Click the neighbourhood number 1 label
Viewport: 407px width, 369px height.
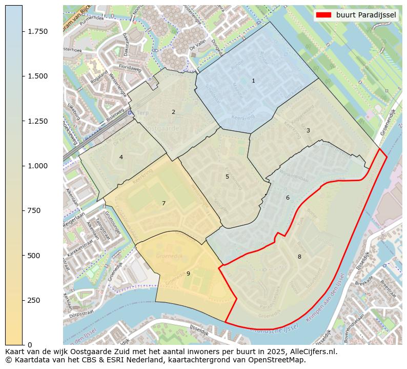click(253, 81)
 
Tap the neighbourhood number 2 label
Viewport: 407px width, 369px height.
click(173, 112)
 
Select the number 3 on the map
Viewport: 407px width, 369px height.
click(308, 130)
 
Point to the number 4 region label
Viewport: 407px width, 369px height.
click(121, 157)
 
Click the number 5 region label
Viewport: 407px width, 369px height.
click(227, 177)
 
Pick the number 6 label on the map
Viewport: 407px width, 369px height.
click(288, 198)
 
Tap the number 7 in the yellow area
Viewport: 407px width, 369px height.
click(164, 203)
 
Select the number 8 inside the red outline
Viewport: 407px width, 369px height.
click(299, 257)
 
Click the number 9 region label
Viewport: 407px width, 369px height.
click(188, 274)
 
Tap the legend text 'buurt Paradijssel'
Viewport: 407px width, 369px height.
click(366, 15)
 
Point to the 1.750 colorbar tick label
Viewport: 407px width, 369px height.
click(38, 31)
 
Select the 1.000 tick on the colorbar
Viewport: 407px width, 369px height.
click(38, 166)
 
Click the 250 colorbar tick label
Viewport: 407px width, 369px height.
click(34, 300)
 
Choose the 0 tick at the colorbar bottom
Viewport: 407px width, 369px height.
click(30, 345)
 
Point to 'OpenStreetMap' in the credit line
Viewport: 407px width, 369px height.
click(279, 360)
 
